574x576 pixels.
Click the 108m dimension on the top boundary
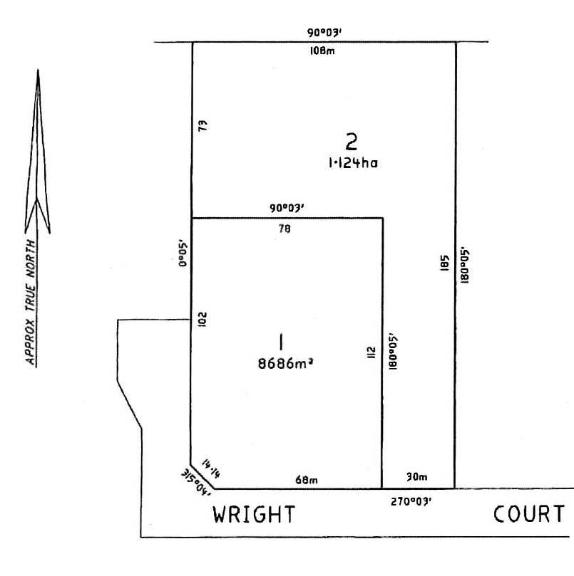[322, 51]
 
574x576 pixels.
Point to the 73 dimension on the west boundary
[203, 127]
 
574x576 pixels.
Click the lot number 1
[282, 342]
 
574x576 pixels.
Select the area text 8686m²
[286, 362]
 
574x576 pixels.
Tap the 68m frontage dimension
[307, 481]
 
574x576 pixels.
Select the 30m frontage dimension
[416, 477]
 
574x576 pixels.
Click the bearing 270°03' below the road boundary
[411, 501]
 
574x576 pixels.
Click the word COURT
[530, 514]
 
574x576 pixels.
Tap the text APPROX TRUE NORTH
[31, 303]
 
